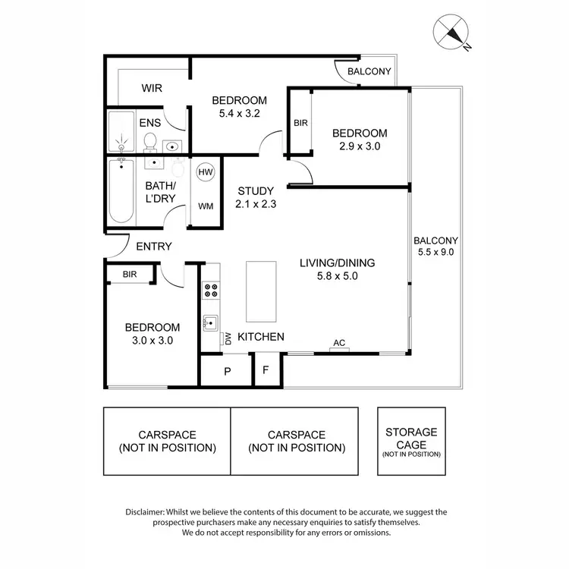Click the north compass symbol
[x=451, y=33]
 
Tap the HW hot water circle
[x=205, y=173]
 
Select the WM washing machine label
[x=205, y=206]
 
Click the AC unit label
[x=338, y=344]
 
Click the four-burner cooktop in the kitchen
[x=210, y=291]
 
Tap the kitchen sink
[x=210, y=323]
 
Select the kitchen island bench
[x=259, y=292]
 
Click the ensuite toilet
[x=150, y=142]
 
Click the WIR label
[x=152, y=88]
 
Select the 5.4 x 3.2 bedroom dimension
[x=239, y=115]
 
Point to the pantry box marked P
[x=226, y=372]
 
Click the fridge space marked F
[x=266, y=372]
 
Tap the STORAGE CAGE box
[x=412, y=442]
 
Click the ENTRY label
[x=154, y=247]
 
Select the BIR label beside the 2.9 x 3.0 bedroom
[x=300, y=123]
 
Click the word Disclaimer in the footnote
[x=149, y=512]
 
